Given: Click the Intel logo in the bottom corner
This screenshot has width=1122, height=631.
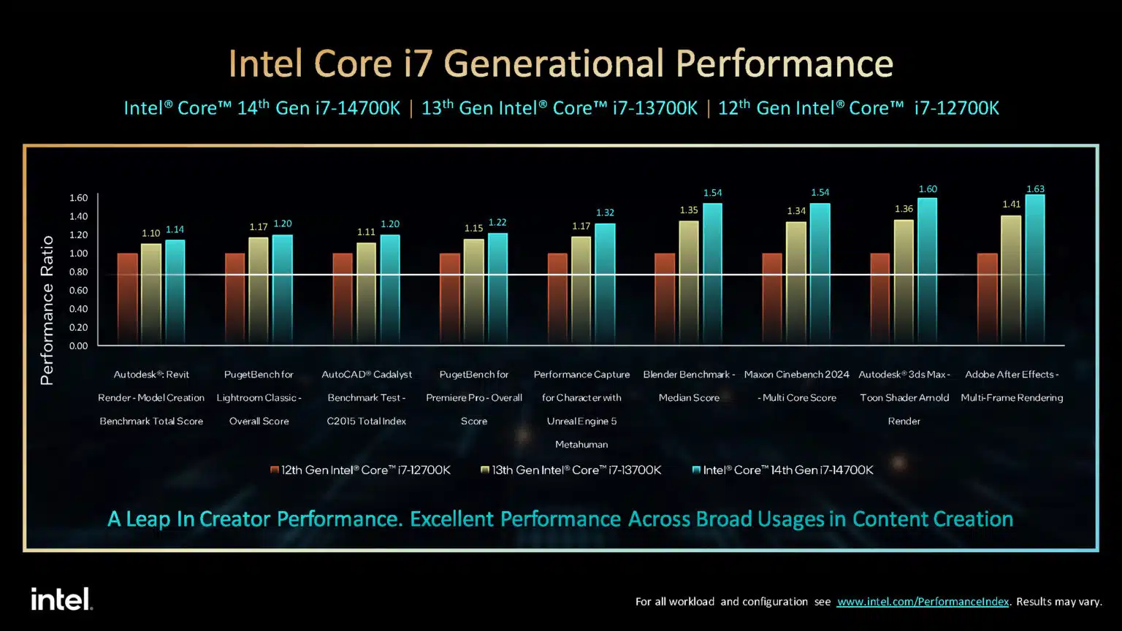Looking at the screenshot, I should pos(61,600).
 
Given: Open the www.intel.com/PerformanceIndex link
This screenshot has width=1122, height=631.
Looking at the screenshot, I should pos(923,602).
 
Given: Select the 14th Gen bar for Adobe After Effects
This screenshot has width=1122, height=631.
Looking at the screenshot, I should pos(1034,269).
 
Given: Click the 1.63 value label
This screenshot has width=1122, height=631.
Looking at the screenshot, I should pos(1035,189).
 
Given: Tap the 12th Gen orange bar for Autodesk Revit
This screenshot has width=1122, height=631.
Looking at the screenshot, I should pos(128,299).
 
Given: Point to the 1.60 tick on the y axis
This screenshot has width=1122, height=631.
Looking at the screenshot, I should pos(78,198).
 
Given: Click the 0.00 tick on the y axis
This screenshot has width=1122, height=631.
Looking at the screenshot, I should pos(78,346).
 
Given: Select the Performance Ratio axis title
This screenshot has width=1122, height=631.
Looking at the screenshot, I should pos(47,310).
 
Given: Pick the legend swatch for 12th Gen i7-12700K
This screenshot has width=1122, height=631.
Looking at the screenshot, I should pos(275,470).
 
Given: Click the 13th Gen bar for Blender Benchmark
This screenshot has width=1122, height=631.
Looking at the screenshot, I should pos(689,283).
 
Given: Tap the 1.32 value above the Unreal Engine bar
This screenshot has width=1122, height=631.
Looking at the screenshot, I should pos(605,213).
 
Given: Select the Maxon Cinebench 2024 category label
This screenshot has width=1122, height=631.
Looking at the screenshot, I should pos(796,386).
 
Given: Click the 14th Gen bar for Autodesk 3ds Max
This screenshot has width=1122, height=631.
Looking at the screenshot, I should pos(927,271).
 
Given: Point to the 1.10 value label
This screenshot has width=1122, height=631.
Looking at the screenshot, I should pos(150,233).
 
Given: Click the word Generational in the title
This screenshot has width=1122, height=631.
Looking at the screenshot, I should pos(556,64).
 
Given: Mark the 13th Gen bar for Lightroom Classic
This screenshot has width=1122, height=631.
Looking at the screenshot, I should pos(259,291).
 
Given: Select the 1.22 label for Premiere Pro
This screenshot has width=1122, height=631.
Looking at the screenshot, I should pos(497,223).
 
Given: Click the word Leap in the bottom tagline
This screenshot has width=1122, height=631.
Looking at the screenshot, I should pos(148,519).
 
